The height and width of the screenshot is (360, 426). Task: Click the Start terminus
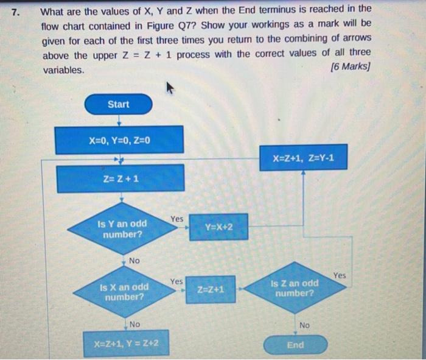tap(118, 104)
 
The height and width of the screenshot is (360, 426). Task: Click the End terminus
tap(295, 345)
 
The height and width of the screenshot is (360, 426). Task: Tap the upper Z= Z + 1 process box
tap(120, 178)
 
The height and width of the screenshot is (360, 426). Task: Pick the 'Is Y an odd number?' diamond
tap(121, 229)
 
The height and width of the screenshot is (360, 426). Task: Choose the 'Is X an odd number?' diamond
tap(124, 292)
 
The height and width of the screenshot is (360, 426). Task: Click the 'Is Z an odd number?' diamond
tap(295, 288)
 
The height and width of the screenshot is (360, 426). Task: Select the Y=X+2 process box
tap(218, 227)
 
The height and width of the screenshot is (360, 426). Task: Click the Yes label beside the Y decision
tap(176, 218)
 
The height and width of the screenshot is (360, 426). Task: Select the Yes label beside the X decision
tap(176, 281)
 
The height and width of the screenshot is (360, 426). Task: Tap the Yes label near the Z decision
tap(340, 276)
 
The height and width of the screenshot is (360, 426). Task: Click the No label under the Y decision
tap(134, 260)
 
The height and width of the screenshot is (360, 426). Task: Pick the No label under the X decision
tap(134, 324)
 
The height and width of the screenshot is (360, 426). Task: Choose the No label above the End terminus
tap(304, 326)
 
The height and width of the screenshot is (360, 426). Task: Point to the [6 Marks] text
tap(349, 66)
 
